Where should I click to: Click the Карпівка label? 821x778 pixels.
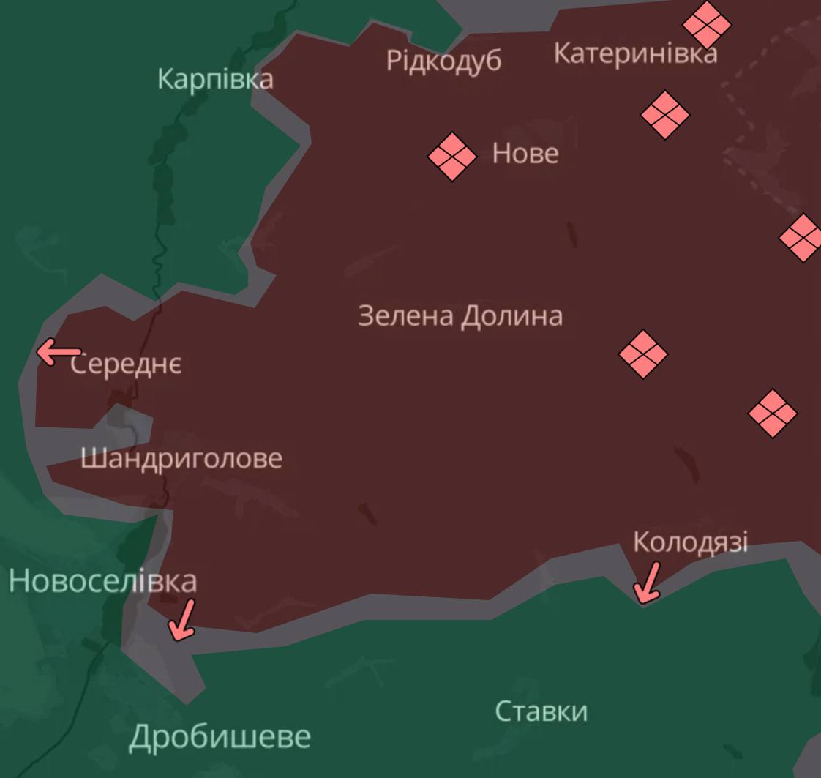pos(215,79)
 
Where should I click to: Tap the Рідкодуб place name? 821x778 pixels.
pos(443,60)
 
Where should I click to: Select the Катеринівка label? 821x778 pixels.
pos(635,53)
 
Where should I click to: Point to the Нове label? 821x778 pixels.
pos(525,154)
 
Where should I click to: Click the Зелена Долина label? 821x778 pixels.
pos(460,316)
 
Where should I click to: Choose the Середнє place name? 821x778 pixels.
pos(127,364)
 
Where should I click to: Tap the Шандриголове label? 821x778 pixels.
pos(181,459)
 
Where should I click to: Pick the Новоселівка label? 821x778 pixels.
pos(102,581)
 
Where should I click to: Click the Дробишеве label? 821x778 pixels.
pos(220,737)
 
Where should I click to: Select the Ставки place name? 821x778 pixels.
pos(541,711)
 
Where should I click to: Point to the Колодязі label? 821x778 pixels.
pos(690,542)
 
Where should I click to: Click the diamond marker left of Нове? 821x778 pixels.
pos(451,156)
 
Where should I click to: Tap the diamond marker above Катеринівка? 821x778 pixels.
pos(706,24)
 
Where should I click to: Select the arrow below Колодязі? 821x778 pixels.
pos(648,583)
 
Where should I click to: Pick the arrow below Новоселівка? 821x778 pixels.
pos(182,619)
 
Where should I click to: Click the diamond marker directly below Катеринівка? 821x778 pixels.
pos(664,115)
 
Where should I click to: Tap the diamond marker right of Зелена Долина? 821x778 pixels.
pos(642,354)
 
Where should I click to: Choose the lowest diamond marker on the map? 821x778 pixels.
pos(772,414)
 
